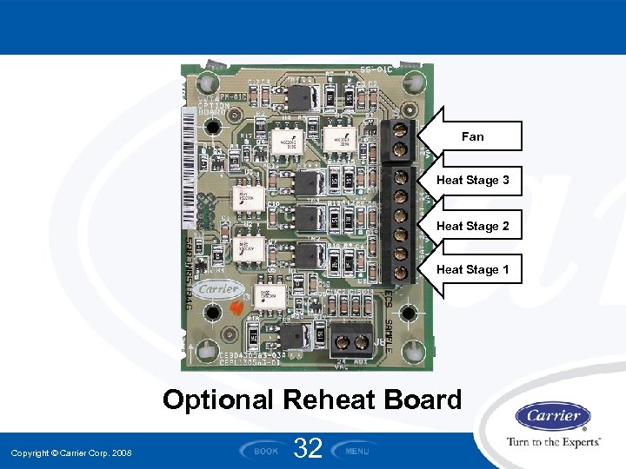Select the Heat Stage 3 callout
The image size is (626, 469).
pyautogui.click(x=472, y=181)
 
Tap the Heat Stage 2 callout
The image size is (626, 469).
pyautogui.click(x=472, y=226)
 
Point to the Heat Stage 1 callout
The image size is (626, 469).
pyautogui.click(x=472, y=270)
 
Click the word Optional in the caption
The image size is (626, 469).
pyautogui.click(x=218, y=400)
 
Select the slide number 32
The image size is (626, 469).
pyautogui.click(x=309, y=448)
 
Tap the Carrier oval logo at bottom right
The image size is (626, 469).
pyautogui.click(x=553, y=416)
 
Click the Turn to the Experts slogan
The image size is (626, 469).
pyautogui.click(x=554, y=442)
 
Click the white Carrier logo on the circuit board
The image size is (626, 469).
pyautogui.click(x=217, y=289)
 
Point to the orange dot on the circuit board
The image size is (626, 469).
pyautogui.click(x=233, y=307)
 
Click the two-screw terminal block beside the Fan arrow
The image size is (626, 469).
pyautogui.click(x=399, y=142)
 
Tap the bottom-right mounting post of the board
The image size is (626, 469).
pyautogui.click(x=403, y=350)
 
